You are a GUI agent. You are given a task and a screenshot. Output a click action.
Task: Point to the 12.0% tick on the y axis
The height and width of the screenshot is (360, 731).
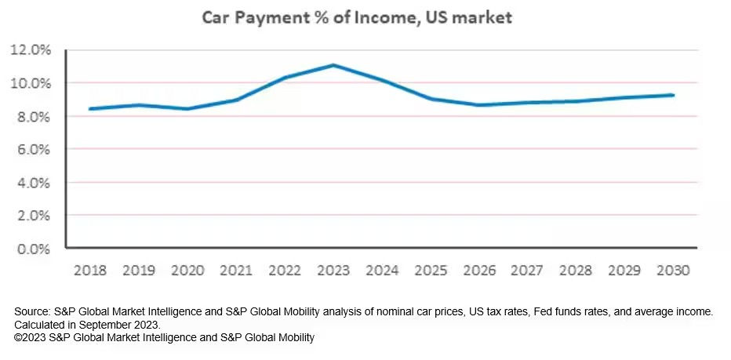31,50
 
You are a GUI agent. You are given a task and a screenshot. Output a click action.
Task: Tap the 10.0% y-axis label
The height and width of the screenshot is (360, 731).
31,83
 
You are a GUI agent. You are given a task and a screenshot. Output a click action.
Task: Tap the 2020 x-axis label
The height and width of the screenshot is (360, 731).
188,271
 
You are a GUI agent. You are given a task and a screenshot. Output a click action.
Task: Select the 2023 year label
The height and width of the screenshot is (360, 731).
333,271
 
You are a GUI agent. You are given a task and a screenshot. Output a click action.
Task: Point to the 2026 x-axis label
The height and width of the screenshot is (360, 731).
478,271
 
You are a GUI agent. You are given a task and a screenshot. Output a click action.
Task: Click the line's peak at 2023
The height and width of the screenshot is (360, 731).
333,65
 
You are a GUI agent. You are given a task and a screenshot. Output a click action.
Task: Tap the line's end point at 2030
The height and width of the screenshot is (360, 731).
672,95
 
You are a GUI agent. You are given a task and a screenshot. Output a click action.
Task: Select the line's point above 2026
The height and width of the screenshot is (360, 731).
478,105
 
